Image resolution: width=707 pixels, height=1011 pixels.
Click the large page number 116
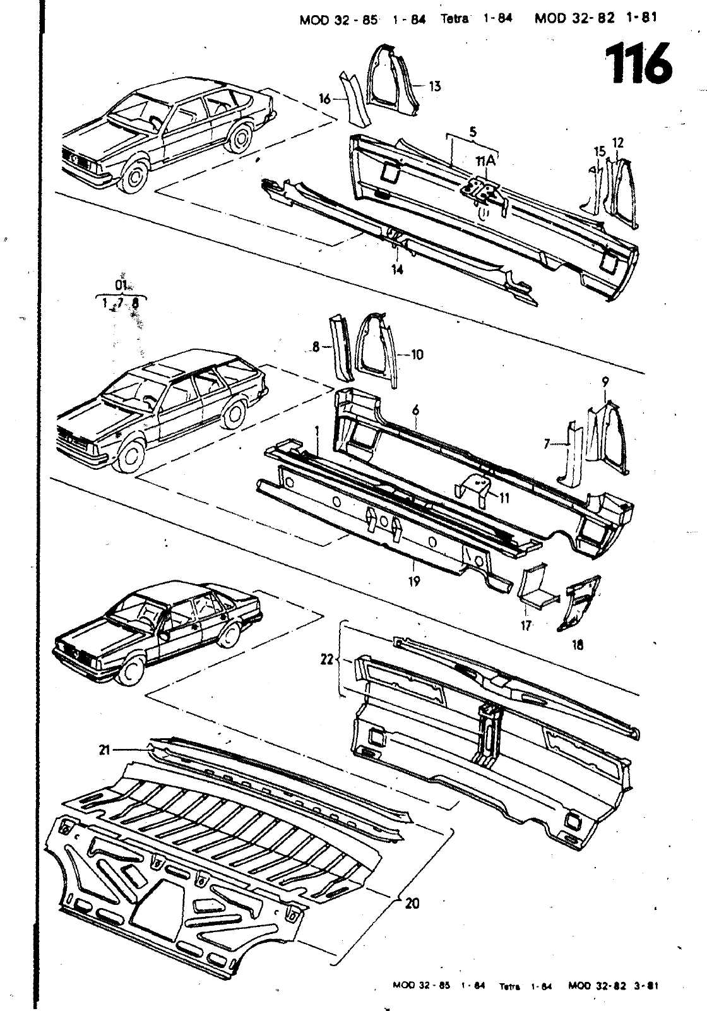pyautogui.click(x=638, y=64)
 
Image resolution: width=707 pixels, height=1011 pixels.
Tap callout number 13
pyautogui.click(x=435, y=87)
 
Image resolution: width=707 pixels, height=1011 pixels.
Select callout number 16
pyautogui.click(x=325, y=99)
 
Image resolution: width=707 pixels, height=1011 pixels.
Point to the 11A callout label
pyautogui.click(x=486, y=161)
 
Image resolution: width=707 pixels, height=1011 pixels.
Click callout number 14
pyautogui.click(x=397, y=270)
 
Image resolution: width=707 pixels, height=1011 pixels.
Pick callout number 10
pyautogui.click(x=417, y=355)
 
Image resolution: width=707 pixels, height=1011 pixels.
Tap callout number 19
pyautogui.click(x=414, y=582)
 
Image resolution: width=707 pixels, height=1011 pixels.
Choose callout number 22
pyautogui.click(x=326, y=659)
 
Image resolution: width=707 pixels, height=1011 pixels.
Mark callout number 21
pyautogui.click(x=105, y=750)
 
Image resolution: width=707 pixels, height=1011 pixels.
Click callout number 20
pyautogui.click(x=412, y=904)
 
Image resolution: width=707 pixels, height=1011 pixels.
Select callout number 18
pyautogui.click(x=577, y=645)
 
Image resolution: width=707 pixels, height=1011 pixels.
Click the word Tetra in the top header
pyautogui.click(x=454, y=19)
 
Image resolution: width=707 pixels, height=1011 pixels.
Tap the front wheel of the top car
pyautogui.click(x=136, y=174)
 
